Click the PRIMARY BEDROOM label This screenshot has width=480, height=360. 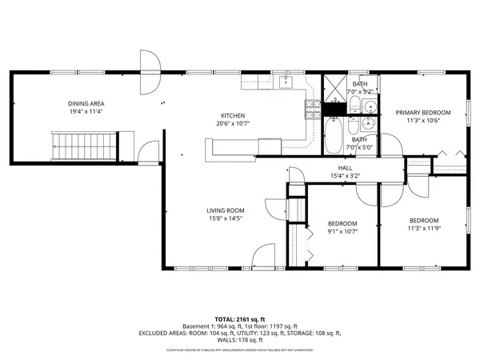point(423,113)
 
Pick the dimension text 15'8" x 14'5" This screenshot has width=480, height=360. point(225,218)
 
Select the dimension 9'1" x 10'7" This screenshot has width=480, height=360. point(342,232)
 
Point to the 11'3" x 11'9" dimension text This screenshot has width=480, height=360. point(423,229)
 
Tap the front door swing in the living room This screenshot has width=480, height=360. point(263,258)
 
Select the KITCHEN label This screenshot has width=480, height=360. point(233,115)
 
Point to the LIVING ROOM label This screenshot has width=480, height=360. point(225,210)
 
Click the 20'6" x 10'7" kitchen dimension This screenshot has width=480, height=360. point(233,123)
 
